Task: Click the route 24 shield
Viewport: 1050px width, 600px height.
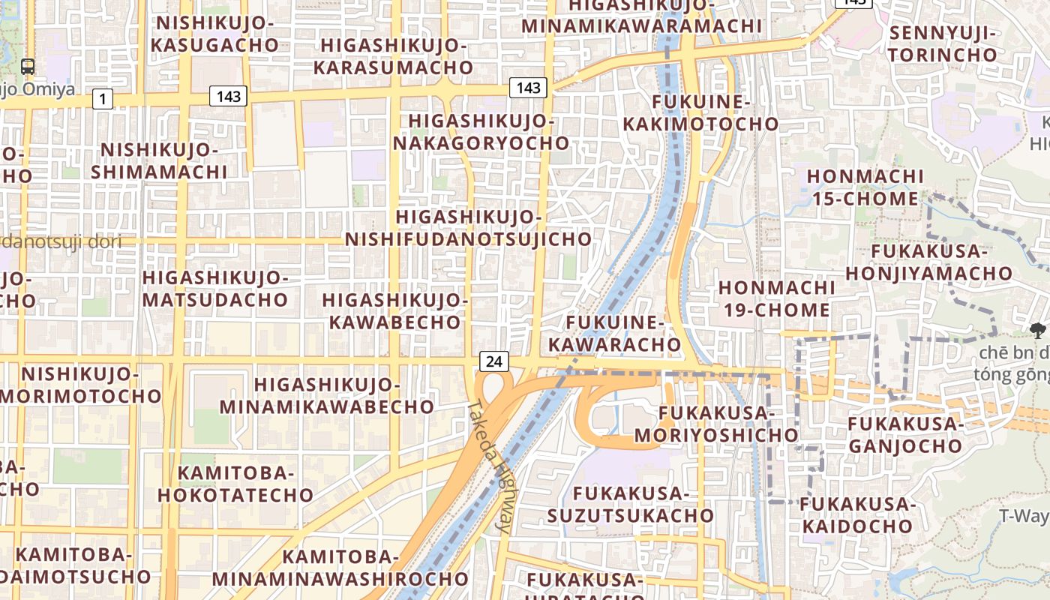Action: coord(493,361)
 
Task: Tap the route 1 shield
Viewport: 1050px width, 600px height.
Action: coord(103,98)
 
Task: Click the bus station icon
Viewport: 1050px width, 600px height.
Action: coord(28,67)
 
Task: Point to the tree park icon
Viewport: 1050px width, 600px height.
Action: coord(1038,329)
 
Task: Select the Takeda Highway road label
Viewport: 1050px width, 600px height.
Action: coord(490,466)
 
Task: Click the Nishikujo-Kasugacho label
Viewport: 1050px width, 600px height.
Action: coord(214,34)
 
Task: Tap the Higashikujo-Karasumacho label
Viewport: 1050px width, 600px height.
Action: coord(393,56)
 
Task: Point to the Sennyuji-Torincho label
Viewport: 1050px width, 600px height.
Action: coord(943,43)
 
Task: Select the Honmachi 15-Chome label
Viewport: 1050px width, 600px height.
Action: coord(864,187)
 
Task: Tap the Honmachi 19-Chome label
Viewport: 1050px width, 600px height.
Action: coord(776,298)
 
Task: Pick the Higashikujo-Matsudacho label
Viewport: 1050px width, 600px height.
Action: coord(214,289)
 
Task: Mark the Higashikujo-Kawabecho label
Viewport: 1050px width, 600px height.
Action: coord(394,310)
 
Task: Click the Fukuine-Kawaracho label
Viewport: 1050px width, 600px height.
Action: coord(615,334)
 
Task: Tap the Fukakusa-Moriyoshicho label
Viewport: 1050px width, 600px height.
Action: coord(716,424)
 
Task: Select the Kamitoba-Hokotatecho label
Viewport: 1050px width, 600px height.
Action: coord(235,484)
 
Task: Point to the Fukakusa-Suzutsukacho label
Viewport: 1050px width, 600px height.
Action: coord(630,505)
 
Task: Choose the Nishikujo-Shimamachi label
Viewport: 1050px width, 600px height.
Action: coord(159,160)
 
